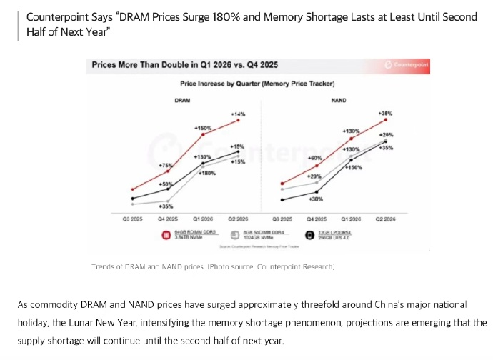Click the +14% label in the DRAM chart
pos(238,114)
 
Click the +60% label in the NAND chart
pos(314,158)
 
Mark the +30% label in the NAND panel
pos(315,199)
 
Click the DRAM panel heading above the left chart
pos(182,101)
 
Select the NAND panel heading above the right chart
pos(339,101)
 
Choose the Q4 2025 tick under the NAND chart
pos(317,219)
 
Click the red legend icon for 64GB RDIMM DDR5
pos(165,234)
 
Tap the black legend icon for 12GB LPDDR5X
pos(309,234)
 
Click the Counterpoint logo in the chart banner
pos(409,65)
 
